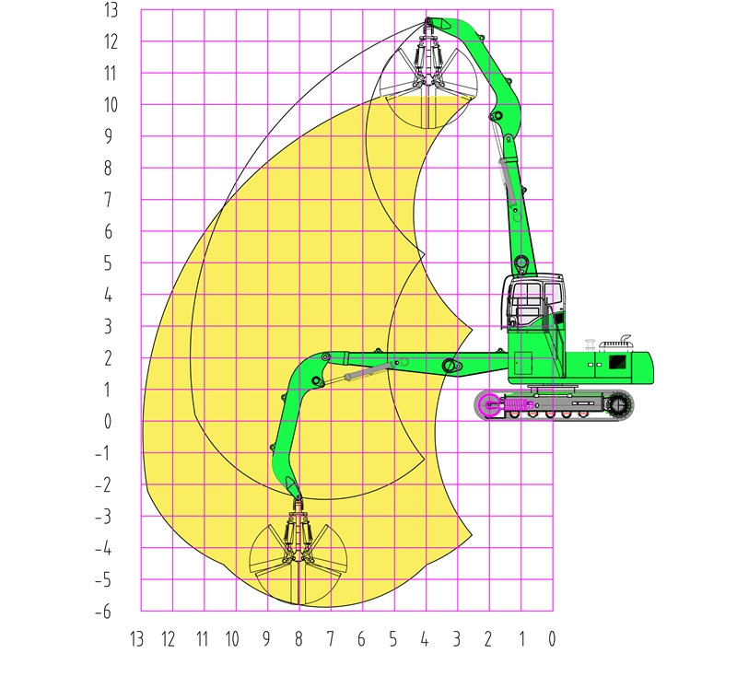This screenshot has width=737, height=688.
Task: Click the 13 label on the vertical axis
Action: point(111,10)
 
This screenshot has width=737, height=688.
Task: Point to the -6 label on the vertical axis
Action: point(103,612)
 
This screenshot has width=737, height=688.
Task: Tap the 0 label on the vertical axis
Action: point(108,421)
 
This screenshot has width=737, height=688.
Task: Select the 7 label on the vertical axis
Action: point(108,199)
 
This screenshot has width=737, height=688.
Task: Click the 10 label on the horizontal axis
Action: point(232,639)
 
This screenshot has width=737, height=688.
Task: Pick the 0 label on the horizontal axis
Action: point(552,639)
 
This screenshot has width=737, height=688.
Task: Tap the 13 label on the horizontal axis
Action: point(136,639)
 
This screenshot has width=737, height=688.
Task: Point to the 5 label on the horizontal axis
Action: point(393,639)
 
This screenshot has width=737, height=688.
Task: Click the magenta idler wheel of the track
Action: point(489,404)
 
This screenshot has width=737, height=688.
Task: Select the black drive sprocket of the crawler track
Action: point(617,404)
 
